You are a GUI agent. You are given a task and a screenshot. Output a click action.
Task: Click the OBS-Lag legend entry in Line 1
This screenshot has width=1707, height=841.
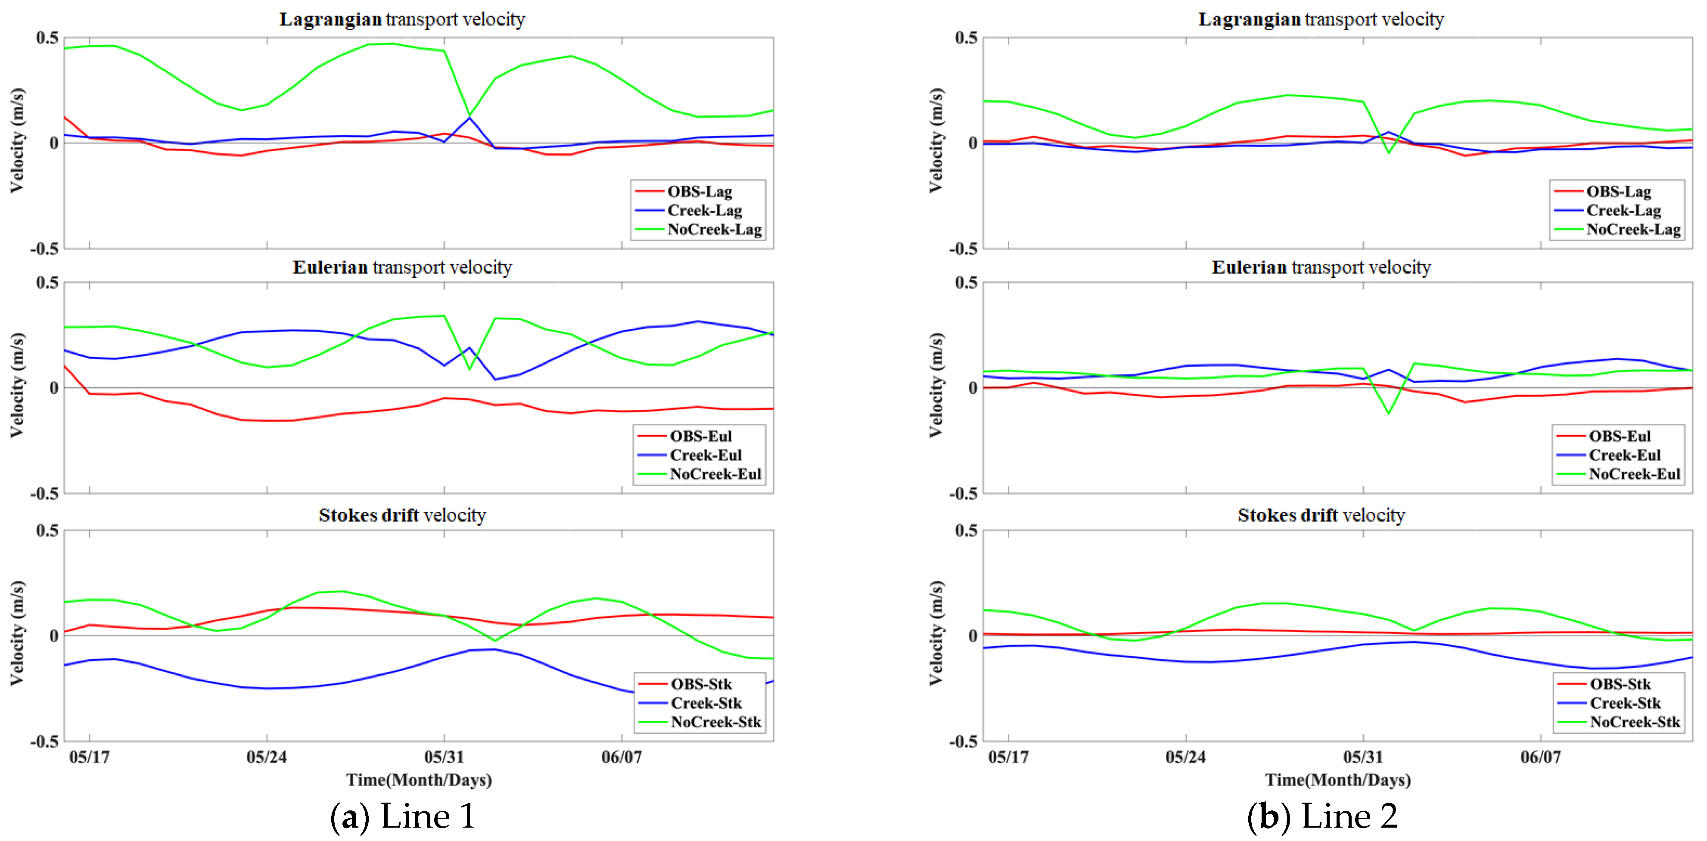coord(699,192)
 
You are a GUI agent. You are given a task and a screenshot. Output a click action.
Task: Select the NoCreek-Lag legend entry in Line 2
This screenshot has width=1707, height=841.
coord(1633,229)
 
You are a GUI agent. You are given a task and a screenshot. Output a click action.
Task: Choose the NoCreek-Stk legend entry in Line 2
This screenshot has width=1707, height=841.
coord(1634,722)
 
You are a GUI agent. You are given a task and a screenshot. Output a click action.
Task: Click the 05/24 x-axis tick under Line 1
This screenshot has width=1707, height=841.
coord(266,757)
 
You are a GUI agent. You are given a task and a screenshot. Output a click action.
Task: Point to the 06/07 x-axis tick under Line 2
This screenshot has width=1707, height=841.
coord(1540,757)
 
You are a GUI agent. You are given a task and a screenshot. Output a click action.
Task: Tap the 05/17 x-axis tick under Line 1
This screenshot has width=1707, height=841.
coord(90,757)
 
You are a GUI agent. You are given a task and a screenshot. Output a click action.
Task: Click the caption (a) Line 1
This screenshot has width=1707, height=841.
coord(402,816)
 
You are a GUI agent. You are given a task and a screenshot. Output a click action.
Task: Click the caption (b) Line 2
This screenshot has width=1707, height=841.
coord(1322,816)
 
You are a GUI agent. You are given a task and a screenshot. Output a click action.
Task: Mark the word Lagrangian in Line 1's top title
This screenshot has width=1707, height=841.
coord(330,19)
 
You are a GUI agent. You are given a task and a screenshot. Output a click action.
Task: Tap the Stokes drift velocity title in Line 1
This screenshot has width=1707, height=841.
coord(402,515)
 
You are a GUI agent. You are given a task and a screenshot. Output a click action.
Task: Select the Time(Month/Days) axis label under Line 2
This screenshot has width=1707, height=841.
coord(1337,779)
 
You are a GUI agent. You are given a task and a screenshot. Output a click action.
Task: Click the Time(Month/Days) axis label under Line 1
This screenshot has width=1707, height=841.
coord(418,779)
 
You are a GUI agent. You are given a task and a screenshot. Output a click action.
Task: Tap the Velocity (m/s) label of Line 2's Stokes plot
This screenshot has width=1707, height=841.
coord(935,633)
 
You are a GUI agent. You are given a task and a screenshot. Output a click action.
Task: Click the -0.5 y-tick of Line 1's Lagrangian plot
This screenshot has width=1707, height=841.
coord(44,249)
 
